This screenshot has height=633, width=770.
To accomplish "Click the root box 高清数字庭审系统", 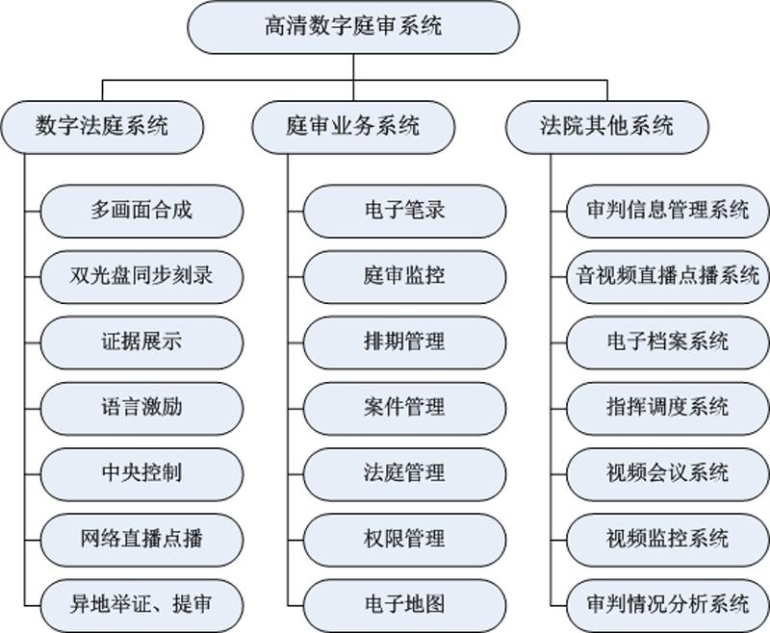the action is pos(353,27).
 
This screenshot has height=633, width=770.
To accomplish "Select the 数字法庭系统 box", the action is pos(102,127).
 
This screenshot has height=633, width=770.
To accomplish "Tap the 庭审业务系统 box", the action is pos(353,127).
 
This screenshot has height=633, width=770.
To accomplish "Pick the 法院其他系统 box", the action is pos(607,127).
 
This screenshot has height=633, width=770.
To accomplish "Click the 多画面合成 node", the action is pos(141,211).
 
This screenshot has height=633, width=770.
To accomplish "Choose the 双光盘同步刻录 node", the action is pos(141,277).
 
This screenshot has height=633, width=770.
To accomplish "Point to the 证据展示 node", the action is pos(141,342).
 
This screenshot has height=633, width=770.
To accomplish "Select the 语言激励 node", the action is pos(141,408).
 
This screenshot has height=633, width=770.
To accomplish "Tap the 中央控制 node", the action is pos(141,474).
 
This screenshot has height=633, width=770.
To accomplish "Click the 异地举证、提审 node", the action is pos(141,605).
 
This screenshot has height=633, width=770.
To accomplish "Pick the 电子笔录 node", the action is pos(404,211).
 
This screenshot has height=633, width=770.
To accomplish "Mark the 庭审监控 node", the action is pos(404,277).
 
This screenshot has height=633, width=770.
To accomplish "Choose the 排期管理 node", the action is pos(404,342).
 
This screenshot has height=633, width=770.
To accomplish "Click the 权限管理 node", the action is pos(404,540).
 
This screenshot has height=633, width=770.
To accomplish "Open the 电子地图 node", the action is pos(404,605).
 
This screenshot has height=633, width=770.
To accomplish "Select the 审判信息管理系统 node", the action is pos(668,211).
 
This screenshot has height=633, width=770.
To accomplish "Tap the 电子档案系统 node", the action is pos(668,342).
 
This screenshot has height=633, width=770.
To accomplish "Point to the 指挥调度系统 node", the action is pos(668,408).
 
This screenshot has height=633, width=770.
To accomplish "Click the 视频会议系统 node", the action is pos(668,474).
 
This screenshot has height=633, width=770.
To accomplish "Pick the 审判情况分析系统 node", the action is pos(668,605).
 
